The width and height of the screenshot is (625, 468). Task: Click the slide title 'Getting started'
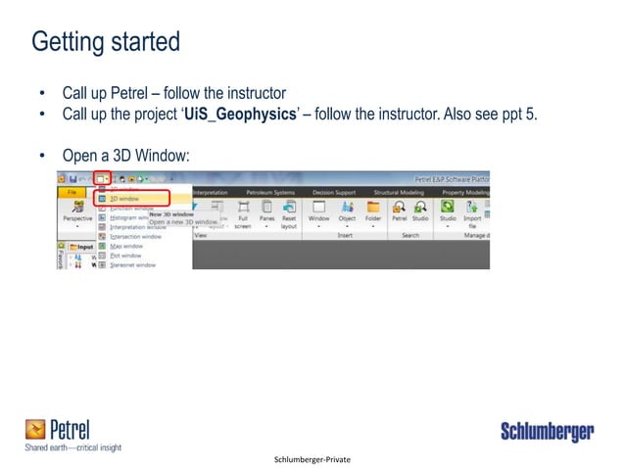click(x=106, y=43)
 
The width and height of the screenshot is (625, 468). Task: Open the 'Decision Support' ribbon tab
click(x=329, y=193)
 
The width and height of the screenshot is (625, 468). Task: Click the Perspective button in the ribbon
click(x=77, y=213)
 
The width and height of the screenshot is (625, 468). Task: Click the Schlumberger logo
click(x=548, y=431)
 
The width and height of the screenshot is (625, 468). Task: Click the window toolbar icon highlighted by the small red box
click(x=101, y=179)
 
